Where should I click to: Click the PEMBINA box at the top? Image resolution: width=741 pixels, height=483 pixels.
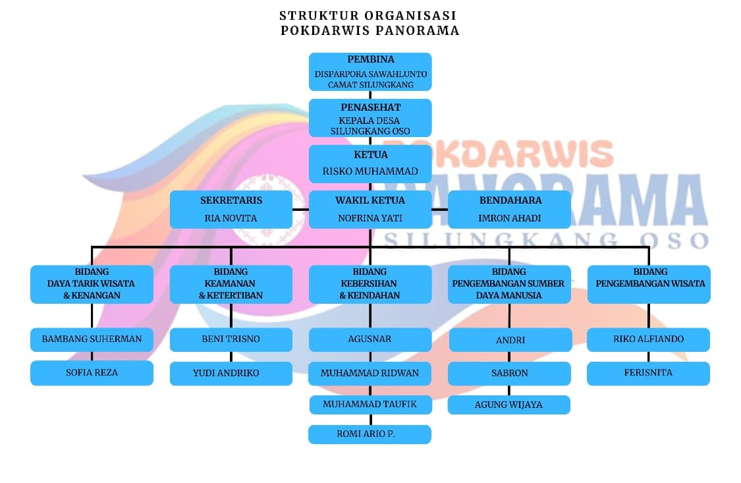click(370, 71)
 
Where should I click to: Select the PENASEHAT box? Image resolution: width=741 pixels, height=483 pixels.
click(370, 118)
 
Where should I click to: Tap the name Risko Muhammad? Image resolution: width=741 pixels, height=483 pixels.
click(370, 171)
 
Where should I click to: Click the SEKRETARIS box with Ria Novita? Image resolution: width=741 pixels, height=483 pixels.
click(231, 210)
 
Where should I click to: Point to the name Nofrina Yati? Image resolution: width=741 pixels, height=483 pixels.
click(370, 218)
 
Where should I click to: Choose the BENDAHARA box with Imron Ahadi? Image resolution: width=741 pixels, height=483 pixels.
click(509, 210)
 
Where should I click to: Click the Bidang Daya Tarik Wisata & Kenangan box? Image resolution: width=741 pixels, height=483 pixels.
click(92, 284)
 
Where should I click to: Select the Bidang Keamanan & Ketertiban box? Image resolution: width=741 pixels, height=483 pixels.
click(231, 284)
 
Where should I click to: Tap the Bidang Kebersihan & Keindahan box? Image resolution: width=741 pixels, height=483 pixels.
click(370, 284)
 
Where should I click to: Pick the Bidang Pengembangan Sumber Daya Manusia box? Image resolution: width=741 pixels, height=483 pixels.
click(509, 284)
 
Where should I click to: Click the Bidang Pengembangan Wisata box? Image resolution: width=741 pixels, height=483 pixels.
click(649, 284)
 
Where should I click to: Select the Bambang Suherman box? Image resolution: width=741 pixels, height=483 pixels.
click(92, 339)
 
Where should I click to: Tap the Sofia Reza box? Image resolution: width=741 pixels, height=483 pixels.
click(92, 373)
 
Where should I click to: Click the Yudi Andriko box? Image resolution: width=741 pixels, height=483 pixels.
click(231, 373)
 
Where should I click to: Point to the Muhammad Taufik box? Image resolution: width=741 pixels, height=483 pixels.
click(370, 404)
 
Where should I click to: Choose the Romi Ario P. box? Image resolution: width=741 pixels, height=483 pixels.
click(370, 434)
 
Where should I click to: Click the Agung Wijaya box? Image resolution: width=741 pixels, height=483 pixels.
click(509, 405)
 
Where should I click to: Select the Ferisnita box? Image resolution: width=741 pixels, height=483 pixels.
click(649, 373)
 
